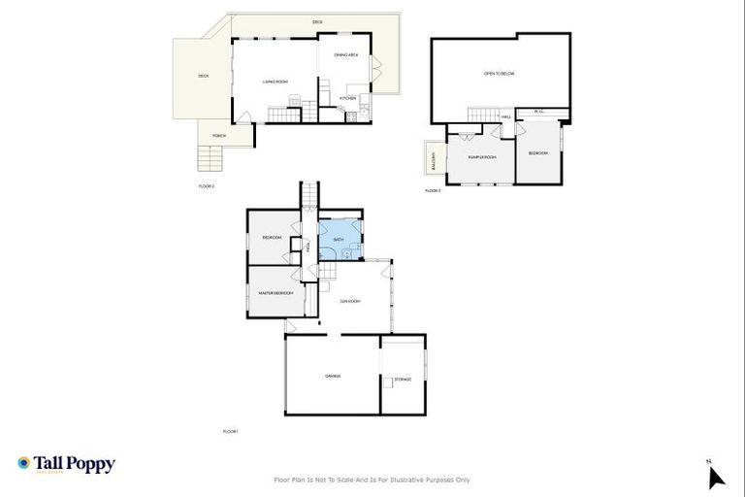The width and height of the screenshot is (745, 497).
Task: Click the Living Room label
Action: pyautogui.click(x=275, y=82)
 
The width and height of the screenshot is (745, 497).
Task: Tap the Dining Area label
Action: pyautogui.click(x=346, y=55)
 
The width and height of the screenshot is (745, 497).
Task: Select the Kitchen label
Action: pyautogui.click(x=348, y=98)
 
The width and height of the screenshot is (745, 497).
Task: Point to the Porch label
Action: pyautogui.click(x=218, y=136)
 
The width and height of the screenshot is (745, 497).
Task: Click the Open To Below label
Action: pyautogui.click(x=498, y=74)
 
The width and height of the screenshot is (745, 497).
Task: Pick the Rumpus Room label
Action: pyautogui.click(x=481, y=156)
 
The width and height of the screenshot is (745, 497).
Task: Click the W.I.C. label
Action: pyautogui.click(x=540, y=112)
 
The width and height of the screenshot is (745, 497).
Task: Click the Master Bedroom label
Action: pyautogui.click(x=275, y=293)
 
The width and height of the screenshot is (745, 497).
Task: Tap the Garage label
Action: pyautogui.click(x=332, y=376)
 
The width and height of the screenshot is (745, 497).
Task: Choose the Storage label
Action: pyautogui.click(x=403, y=379)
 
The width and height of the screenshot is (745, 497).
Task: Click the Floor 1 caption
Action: pyautogui.click(x=231, y=431)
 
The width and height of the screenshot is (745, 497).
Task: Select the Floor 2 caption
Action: pyautogui.click(x=206, y=184)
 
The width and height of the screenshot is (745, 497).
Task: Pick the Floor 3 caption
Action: pyautogui.click(x=433, y=190)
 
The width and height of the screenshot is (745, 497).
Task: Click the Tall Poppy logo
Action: pyautogui.click(x=66, y=464)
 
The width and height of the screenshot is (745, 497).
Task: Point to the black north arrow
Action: pyautogui.click(x=716, y=476)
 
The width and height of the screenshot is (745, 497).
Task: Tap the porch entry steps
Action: pyautogui.click(x=211, y=157)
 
